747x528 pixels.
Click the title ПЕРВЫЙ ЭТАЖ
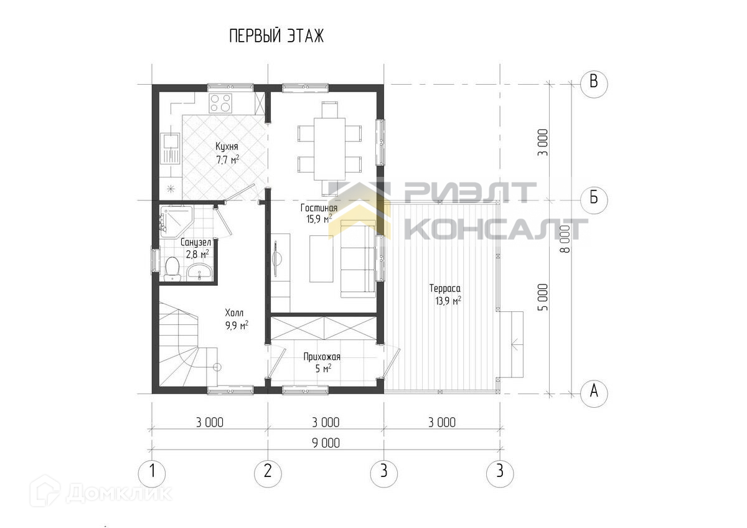point(276,36)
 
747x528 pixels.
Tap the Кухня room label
point(227,146)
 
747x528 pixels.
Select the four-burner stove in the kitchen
point(220,103)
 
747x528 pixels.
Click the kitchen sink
point(170,148)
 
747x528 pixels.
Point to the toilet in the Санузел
point(172,268)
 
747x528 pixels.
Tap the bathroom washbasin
point(199,271)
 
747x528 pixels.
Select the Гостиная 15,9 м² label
point(319,214)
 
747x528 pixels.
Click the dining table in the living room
point(329,149)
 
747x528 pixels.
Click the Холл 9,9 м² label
point(237,319)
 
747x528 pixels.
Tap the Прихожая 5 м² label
point(322,363)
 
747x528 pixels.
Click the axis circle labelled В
point(594,84)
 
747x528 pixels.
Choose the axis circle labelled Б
point(594,200)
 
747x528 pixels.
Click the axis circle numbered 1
point(152,473)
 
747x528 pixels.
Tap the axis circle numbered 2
point(268,473)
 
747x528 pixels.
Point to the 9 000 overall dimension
point(326,443)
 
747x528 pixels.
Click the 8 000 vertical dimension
point(566,239)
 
